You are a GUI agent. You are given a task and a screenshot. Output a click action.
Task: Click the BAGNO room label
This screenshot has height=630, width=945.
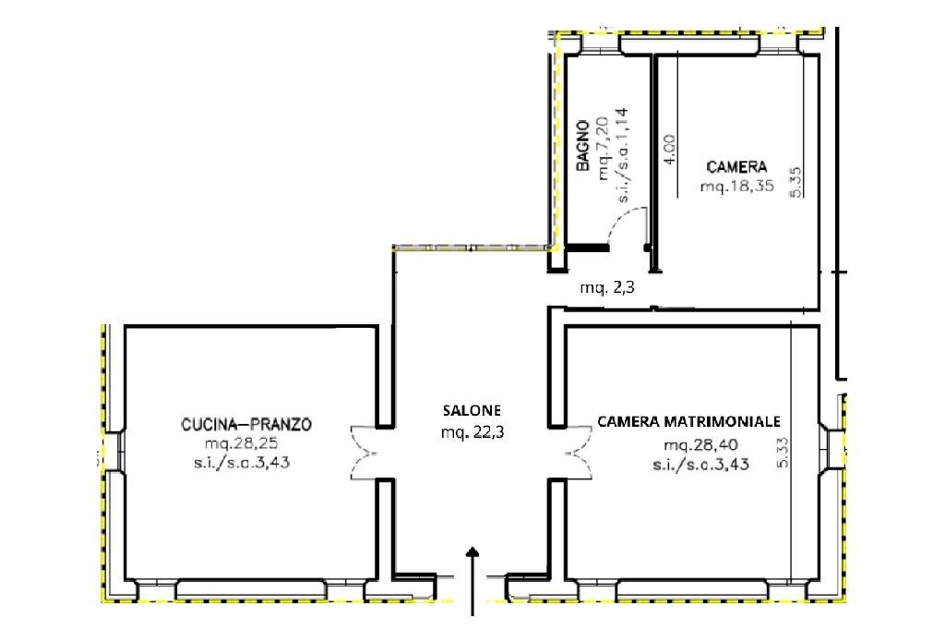(x=583, y=146)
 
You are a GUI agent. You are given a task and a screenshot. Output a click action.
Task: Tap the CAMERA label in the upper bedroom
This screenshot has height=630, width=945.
(x=736, y=167)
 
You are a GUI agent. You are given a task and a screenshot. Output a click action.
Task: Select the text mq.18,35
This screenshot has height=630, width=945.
(x=736, y=187)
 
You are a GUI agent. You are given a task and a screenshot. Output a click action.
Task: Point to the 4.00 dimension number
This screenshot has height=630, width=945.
(x=670, y=150)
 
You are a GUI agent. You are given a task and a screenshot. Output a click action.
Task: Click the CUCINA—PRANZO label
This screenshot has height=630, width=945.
(x=246, y=425)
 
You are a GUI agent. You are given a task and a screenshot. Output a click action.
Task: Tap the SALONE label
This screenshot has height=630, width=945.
(x=472, y=410)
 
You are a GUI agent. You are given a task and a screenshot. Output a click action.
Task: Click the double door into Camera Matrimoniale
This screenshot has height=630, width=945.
(x=575, y=454)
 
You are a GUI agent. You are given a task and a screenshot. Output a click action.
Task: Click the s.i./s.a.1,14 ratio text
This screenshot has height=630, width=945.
(x=624, y=155)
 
